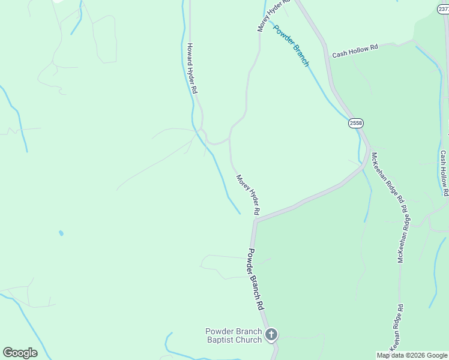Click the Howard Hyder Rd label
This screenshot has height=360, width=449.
pyautogui.click(x=192, y=68)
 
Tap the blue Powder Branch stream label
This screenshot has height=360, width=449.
pyautogui.click(x=292, y=46)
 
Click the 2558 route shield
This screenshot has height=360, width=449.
pyautogui.click(x=356, y=123)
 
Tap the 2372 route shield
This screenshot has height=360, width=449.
pyautogui.click(x=443, y=9)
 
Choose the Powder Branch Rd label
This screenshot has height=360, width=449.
pyautogui.click(x=256, y=279)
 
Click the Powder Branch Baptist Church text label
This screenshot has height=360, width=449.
pyautogui.click(x=234, y=335)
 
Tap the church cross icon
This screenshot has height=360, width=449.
pyautogui.click(x=271, y=334)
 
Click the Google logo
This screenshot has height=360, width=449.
pyautogui.click(x=20, y=353)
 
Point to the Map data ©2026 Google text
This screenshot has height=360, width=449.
pyautogui.click(x=412, y=355)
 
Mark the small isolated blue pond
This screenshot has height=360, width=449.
pyautogui.click(x=61, y=233)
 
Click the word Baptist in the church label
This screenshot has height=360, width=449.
pyautogui.click(x=220, y=340)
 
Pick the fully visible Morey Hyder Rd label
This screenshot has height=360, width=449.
pyautogui.click(x=247, y=195)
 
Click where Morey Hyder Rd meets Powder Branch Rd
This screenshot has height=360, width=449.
pyautogui.click(x=255, y=220)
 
